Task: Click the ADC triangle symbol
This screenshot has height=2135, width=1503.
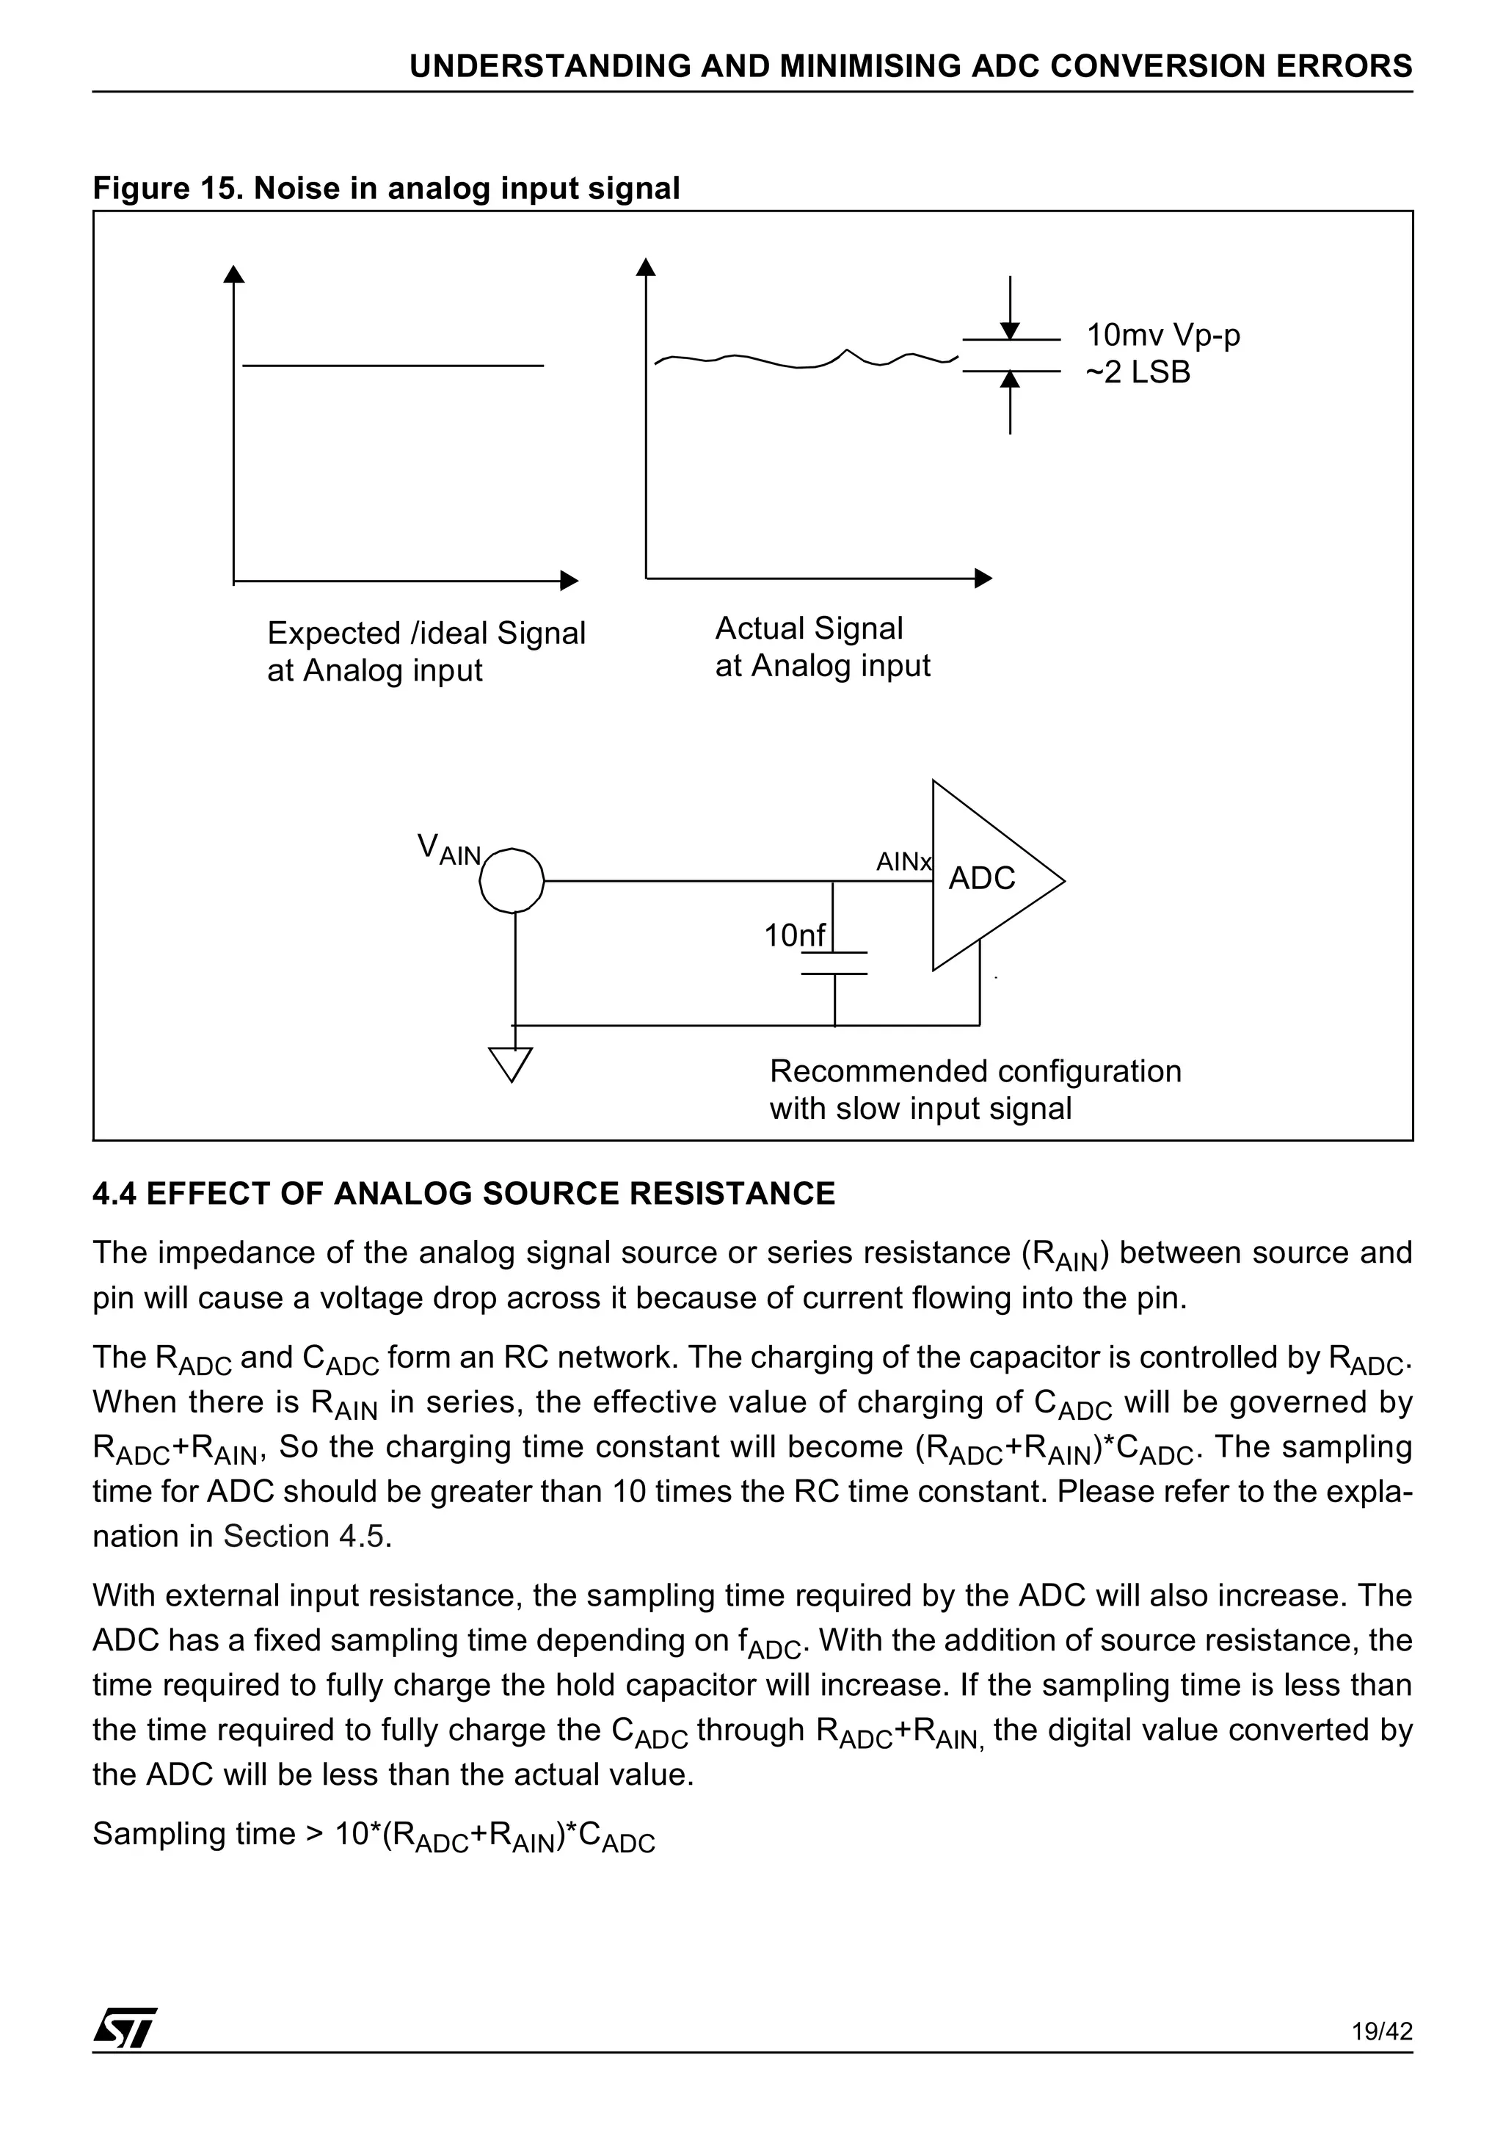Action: (986, 877)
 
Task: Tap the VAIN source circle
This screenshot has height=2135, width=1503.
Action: (512, 880)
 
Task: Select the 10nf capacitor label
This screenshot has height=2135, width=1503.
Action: (794, 935)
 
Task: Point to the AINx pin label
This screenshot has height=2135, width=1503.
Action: (903, 862)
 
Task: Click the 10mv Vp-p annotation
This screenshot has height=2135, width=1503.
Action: (1162, 335)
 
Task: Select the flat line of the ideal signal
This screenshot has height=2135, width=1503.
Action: (392, 366)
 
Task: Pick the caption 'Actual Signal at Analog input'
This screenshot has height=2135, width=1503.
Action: (822, 648)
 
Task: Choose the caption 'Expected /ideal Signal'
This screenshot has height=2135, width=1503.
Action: (426, 634)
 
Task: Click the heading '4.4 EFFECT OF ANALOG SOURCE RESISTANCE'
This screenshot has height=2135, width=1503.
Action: (464, 1193)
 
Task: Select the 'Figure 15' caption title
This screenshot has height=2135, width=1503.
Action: (386, 188)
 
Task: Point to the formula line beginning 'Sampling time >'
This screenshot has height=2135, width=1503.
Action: (374, 1835)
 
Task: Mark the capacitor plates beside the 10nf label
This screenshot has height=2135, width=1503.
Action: (834, 963)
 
